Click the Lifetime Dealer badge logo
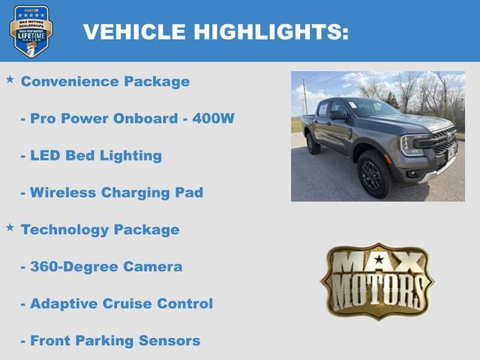31,31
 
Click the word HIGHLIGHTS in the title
270,32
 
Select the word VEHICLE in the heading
134,32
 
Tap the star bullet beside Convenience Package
10,79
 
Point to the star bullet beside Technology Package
10,226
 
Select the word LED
44,156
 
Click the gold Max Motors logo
377,281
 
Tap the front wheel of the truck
375,173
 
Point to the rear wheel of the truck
313,143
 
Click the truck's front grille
444,143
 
